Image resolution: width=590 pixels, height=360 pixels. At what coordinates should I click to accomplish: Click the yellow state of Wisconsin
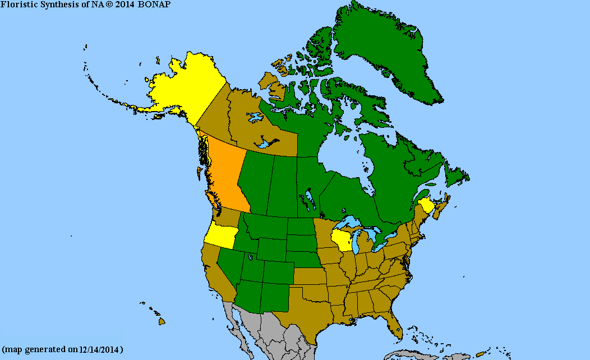tap(342, 240)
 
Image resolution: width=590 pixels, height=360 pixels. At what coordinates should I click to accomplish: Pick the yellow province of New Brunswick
tap(426, 205)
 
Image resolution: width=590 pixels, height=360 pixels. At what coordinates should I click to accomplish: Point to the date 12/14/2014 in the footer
tap(99, 349)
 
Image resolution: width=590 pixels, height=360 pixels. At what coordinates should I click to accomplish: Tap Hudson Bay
tap(342, 157)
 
